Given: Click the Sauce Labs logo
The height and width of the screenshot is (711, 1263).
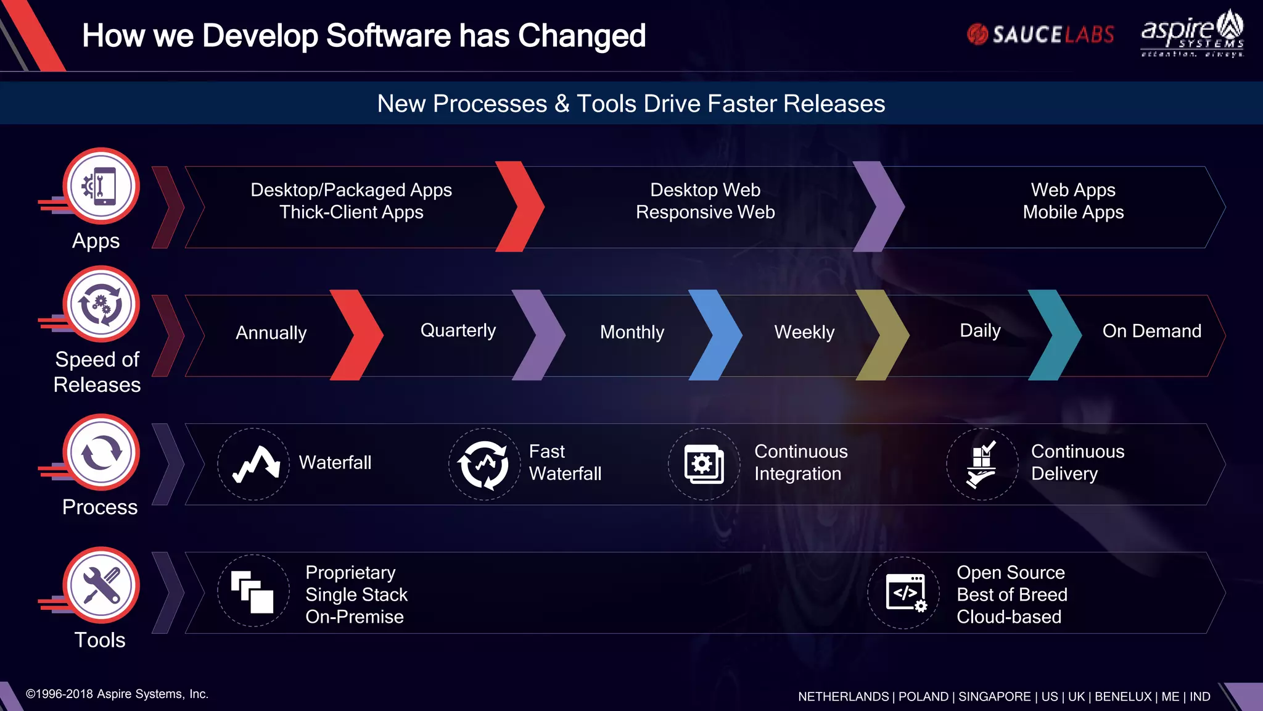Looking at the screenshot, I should (x=1040, y=35).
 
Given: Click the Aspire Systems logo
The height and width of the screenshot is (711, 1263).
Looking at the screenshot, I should (x=1192, y=35).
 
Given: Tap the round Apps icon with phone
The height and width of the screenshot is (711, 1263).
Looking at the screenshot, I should (x=101, y=186).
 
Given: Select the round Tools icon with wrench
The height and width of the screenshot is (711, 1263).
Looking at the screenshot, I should (x=101, y=585).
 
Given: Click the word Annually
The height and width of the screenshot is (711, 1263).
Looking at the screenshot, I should (x=271, y=333).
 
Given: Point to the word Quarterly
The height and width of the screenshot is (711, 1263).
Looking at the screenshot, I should (x=458, y=330).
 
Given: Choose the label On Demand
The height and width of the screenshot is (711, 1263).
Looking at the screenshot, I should (x=1151, y=331).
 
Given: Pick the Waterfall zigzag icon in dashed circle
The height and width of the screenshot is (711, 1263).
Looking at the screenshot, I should (x=253, y=464).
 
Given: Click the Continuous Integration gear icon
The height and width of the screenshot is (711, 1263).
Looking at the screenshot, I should (x=704, y=464).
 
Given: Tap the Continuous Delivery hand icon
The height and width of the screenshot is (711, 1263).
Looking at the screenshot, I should (x=982, y=464).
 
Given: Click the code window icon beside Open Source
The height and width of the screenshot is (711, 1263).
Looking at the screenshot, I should (x=904, y=592).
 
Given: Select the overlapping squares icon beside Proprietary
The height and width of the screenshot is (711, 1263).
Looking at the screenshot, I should (x=253, y=591).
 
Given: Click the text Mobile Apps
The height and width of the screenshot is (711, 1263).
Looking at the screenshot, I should (x=1073, y=212).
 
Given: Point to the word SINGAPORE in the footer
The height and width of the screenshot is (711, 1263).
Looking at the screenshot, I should (x=994, y=696).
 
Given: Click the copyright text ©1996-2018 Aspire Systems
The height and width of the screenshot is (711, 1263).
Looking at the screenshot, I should (x=117, y=694).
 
